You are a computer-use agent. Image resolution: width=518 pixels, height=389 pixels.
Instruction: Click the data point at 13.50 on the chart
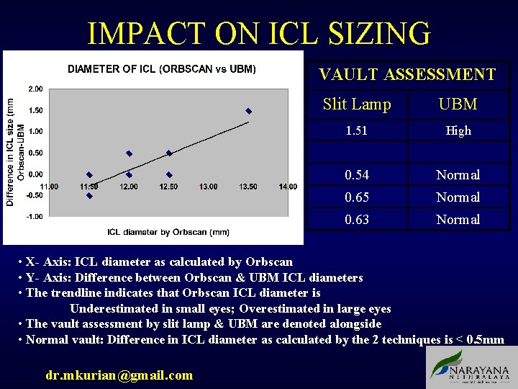[248, 111]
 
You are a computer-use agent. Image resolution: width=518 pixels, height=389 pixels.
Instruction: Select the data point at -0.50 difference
[89, 195]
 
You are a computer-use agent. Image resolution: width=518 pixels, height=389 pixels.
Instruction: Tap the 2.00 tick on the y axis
[35, 89]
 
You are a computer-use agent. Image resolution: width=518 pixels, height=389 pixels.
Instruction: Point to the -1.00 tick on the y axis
[35, 216]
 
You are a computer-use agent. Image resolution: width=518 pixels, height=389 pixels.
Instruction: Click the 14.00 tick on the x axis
[287, 187]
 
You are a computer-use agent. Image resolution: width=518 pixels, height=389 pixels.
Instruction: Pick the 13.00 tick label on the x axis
[208, 187]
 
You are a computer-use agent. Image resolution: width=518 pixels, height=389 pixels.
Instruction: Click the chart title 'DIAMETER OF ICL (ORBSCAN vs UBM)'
[162, 69]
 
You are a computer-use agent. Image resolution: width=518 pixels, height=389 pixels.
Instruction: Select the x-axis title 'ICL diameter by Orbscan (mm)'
[168, 232]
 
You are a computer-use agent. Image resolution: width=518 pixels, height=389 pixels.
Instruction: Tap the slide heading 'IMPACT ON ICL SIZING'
[259, 33]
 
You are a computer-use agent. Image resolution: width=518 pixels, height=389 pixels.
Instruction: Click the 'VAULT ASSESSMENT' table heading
[407, 74]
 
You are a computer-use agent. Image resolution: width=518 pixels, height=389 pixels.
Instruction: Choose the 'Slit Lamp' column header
[357, 104]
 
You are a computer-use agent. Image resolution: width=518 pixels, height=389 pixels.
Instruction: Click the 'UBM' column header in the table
[458, 104]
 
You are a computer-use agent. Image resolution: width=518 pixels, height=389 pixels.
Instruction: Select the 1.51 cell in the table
[357, 130]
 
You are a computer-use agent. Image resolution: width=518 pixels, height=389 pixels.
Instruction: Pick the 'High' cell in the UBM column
[458, 130]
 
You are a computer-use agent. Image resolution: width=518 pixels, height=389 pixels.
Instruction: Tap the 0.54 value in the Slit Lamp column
[357, 175]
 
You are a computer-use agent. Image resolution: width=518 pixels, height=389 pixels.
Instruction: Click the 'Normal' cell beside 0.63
[458, 219]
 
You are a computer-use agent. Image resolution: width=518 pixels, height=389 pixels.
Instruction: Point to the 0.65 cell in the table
[357, 197]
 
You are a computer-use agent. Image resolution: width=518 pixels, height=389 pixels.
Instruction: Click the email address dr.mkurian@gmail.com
[119, 375]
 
